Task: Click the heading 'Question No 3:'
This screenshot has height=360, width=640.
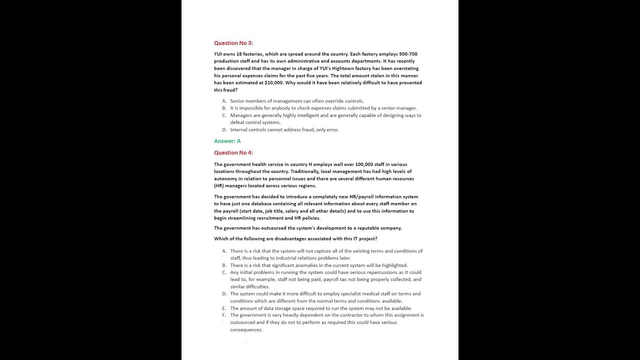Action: click(x=233, y=43)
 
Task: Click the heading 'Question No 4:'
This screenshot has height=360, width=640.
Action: click(x=233, y=152)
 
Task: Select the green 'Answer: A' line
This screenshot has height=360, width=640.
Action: click(x=227, y=141)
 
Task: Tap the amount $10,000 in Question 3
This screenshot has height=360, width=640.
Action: click(x=274, y=82)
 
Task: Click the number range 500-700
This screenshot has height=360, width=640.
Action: click(x=408, y=54)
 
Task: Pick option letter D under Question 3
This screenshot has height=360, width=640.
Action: click(x=224, y=129)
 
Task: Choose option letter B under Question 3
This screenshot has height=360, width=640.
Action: click(x=224, y=108)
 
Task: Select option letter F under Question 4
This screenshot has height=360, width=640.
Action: click(x=224, y=315)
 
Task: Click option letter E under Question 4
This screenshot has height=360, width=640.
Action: click(x=224, y=308)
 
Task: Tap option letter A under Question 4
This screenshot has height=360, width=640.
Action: click(x=224, y=251)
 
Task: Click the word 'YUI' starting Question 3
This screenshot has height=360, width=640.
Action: click(x=218, y=54)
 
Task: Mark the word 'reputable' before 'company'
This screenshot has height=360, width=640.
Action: click(x=358, y=228)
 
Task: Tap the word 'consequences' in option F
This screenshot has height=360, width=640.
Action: click(x=246, y=330)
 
